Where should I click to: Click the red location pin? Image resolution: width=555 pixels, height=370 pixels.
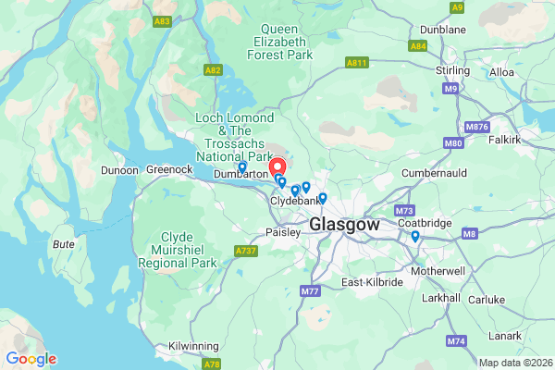pos(277,166)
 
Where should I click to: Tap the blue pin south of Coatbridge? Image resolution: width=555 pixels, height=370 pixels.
pos(415,237)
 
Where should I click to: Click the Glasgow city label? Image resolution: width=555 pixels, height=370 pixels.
pos(344,225)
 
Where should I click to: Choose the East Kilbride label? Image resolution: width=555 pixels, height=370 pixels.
pos(373,281)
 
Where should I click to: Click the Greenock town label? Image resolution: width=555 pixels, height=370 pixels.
pos(169,169)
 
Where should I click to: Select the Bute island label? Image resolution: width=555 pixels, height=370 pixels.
pos(64,244)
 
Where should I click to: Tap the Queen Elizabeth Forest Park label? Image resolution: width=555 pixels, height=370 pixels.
pos(280,42)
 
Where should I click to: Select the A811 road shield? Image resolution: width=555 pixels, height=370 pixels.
pos(357,62)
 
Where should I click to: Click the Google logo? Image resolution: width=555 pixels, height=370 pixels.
pos(31,359)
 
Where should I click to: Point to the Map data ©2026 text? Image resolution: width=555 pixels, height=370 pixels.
pos(514,362)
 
